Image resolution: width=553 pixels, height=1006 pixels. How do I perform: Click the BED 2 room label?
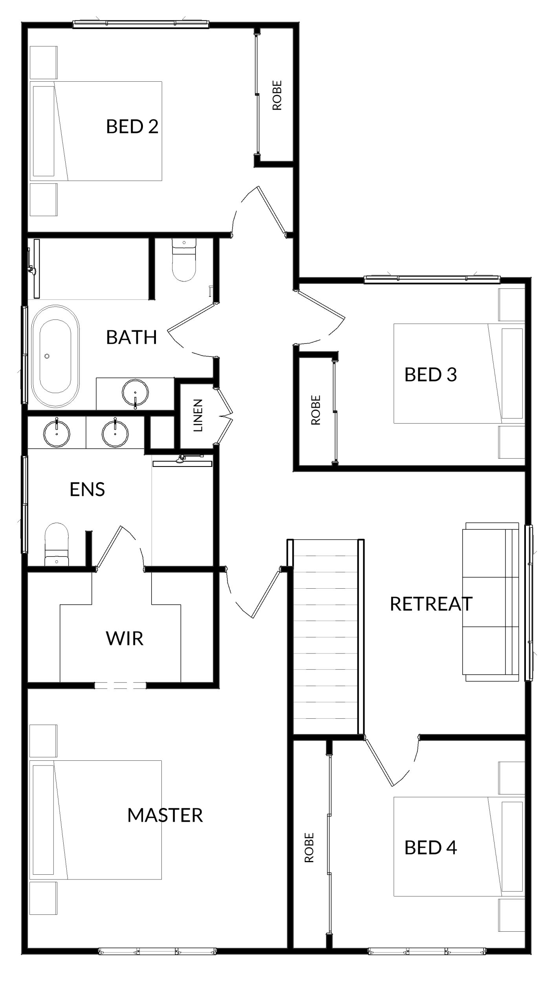coord(132,127)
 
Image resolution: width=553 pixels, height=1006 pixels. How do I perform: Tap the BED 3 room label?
coord(431,374)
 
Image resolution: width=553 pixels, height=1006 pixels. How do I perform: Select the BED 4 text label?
coord(431,848)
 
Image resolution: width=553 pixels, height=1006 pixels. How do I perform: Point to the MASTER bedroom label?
coord(165,815)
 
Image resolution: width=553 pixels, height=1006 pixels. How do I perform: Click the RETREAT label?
coord(431,604)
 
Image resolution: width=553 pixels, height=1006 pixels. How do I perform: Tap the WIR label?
coord(125,639)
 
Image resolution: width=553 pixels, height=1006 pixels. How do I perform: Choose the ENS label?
coord(87,490)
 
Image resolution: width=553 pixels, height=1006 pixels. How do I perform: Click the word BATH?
coord(132,337)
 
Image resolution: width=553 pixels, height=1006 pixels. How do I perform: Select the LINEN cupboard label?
coord(198,416)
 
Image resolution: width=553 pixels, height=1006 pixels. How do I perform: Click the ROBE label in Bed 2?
coord(277,95)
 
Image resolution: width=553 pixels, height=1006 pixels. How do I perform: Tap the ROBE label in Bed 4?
coord(309,848)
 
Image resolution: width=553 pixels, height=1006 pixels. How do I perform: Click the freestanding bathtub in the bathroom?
coord(55,356)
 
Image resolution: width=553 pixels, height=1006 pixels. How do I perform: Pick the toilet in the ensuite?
coord(57,544)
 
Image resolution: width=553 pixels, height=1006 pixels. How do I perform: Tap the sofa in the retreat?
coord(492,602)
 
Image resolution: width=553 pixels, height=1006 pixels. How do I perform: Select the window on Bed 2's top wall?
coord(141,24)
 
